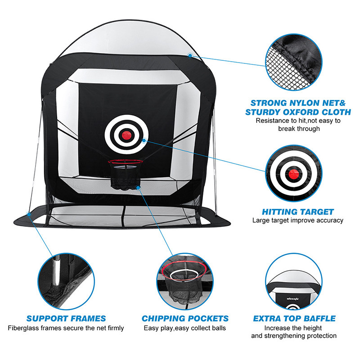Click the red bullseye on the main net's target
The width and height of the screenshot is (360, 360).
[x=126, y=133]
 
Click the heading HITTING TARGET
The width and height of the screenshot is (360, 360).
[x=298, y=211]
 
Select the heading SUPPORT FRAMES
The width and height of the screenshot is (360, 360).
[x=66, y=319]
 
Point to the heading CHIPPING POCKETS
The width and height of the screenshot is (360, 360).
[x=185, y=319]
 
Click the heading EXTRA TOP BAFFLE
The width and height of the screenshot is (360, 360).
[x=294, y=319]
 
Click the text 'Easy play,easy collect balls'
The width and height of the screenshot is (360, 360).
[x=185, y=328]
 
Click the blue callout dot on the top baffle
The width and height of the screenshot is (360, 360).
[x=190, y=55]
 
